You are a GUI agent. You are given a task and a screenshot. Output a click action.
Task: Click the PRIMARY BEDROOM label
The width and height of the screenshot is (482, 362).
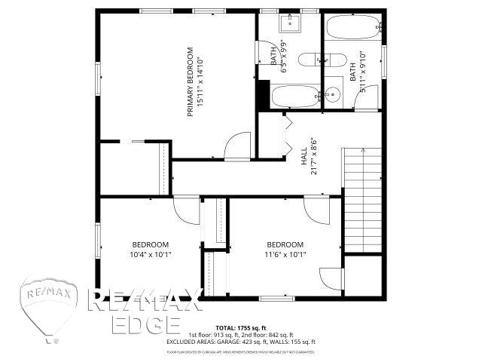click(x=190, y=83)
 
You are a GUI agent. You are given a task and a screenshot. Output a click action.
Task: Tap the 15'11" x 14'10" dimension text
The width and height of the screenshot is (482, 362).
click(x=200, y=83)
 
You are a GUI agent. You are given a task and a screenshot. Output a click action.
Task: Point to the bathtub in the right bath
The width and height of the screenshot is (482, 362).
click(x=352, y=29)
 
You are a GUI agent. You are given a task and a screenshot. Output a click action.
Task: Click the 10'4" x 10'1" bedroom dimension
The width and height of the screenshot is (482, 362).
click(x=150, y=254)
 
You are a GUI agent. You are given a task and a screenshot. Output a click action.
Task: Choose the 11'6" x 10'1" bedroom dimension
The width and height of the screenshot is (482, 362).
click(x=285, y=254)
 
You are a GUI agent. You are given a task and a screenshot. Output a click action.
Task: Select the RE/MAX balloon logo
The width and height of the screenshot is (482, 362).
click(x=49, y=307)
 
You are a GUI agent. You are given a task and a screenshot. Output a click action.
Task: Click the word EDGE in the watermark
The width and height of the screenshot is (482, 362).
click(x=145, y=324)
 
